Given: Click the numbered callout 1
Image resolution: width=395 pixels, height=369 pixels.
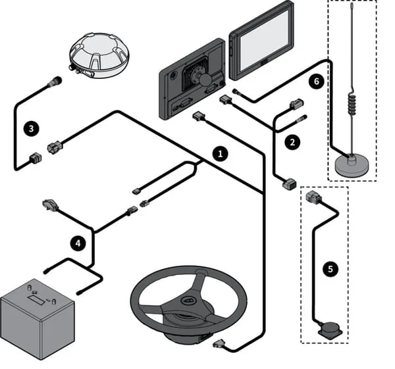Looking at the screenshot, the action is tap(221, 154).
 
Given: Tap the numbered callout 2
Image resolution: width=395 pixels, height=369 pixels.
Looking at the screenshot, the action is tap(292, 143).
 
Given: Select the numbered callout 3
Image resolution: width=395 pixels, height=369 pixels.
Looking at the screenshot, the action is tap(31, 129).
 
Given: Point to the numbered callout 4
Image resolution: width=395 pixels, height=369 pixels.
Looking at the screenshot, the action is tap(78, 243).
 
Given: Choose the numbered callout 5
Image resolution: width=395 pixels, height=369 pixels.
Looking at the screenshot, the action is tap(330, 269).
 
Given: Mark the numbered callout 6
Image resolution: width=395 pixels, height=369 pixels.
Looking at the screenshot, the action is tap(317, 82).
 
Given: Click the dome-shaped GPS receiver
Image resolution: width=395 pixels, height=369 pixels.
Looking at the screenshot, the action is tap(99, 55).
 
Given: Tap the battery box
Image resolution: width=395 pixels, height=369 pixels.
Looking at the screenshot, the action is tap(38, 319).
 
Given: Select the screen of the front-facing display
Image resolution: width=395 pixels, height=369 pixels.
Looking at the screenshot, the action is tap(264, 40).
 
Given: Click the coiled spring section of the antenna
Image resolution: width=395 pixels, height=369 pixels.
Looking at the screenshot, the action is tap(352, 103).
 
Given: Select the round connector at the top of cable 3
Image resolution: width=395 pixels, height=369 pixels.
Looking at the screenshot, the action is tap(57, 81).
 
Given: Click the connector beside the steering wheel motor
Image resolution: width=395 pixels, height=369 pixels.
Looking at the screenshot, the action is tap(219, 343).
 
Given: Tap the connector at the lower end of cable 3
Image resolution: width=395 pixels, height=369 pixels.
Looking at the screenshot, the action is tap(36, 158).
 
